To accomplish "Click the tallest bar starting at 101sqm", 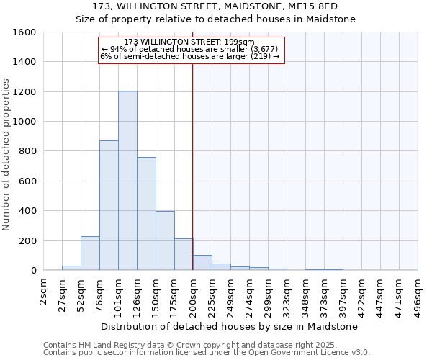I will click(127, 181).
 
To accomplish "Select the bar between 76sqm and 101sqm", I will click(109, 205).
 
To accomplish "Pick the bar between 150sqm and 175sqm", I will click(165, 240).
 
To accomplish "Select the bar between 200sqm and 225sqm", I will click(202, 263).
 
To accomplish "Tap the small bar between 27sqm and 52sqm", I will click(71, 268).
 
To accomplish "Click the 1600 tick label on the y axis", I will click(24, 32).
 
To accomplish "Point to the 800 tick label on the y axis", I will click(27, 151).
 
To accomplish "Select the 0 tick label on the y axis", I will click(33, 271).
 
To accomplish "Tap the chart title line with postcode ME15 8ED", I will click(216, 6).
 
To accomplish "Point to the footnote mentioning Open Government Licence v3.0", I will click(207, 353).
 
